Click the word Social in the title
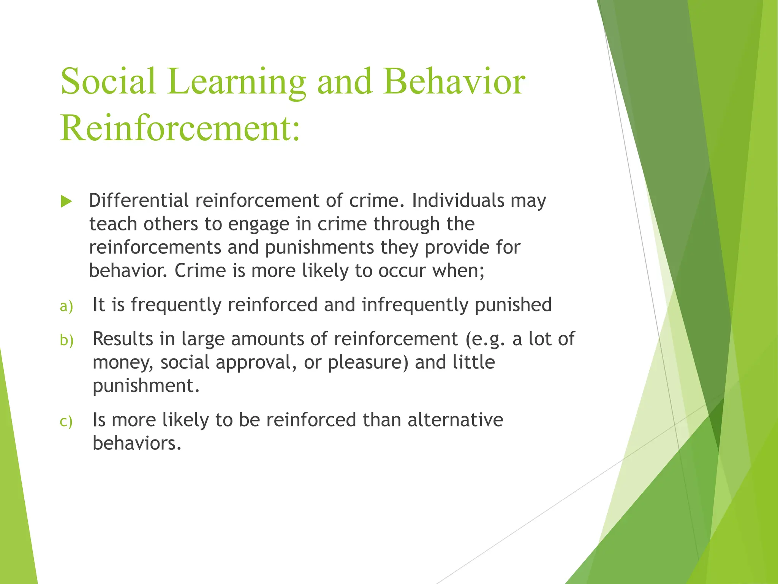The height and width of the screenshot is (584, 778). click(108, 81)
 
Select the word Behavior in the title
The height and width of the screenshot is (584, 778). click(454, 81)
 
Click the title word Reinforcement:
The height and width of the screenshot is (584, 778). click(180, 127)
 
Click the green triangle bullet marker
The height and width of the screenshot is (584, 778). click(66, 202)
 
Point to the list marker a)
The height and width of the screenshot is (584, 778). click(66, 306)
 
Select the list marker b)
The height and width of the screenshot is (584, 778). click(66, 340)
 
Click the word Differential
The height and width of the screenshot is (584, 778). click(139, 200)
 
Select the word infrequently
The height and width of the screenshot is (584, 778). click(414, 305)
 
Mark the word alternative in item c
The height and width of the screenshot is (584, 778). click(455, 420)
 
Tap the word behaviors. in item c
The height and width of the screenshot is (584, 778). click(137, 443)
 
